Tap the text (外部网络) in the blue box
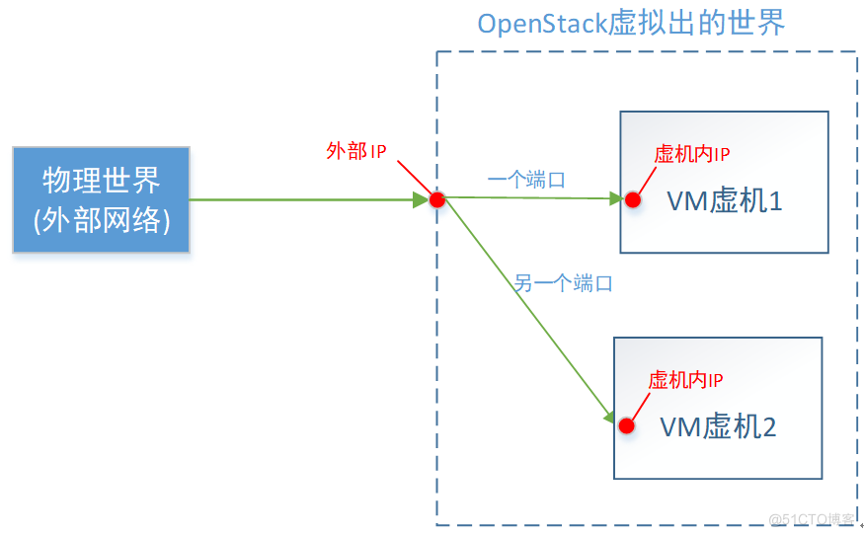coord(101,219)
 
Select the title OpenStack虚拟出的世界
coord(631,23)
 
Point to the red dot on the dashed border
coord(437,200)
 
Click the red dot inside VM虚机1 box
coord(633,199)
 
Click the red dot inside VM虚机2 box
coord(626,425)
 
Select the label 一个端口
coord(526,180)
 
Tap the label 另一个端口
coord(563,283)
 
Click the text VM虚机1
coord(725,201)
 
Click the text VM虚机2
coord(718,426)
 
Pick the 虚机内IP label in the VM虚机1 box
coord(692,154)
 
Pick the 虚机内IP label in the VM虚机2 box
coord(685,380)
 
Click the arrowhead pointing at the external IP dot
coord(420,200)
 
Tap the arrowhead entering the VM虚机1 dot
coord(615,199)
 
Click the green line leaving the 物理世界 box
coord(296,200)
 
